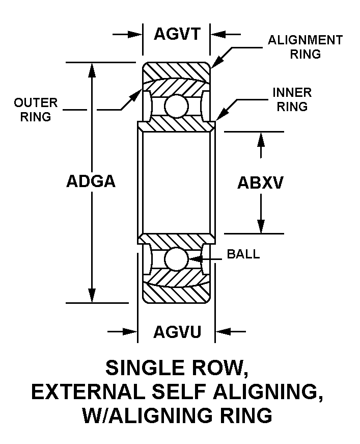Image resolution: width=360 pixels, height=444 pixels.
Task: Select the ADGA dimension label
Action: (91, 182)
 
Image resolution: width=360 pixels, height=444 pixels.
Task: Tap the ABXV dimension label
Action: (260, 183)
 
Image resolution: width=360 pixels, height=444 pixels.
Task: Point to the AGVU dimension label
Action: (177, 332)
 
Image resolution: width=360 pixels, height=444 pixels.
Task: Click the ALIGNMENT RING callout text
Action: (305, 47)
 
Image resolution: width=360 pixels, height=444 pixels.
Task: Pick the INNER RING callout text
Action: (292, 99)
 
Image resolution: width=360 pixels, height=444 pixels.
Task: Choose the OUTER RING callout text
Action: (36, 110)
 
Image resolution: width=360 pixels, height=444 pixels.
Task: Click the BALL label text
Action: (243, 254)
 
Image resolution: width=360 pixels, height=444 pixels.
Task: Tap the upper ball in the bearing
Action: (176, 106)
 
